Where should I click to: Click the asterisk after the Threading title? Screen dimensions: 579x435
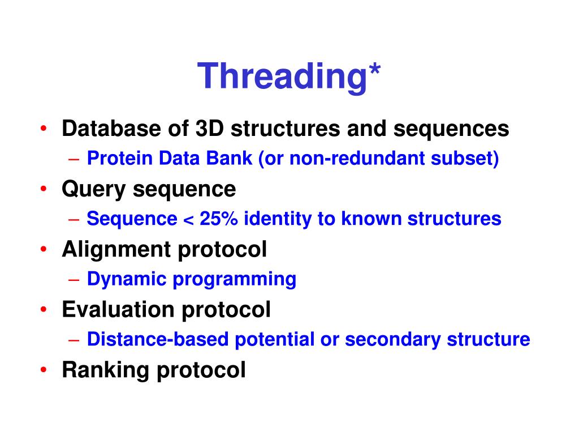coord(374,70)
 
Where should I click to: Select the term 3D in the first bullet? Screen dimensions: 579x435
coord(209,129)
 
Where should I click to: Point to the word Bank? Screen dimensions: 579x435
coord(229,158)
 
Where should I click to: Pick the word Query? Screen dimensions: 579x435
coord(94,190)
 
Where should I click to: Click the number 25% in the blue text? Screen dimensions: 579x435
coord(219,218)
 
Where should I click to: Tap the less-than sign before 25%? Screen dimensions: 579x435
coord(188,219)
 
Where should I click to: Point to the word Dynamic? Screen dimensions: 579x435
coord(127,279)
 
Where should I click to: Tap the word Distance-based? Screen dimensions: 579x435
coord(158,339)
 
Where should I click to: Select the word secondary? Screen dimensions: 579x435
coord(393,340)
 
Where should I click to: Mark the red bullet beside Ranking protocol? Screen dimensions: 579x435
coord(44,369)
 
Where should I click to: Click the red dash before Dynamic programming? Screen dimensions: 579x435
coord(74,280)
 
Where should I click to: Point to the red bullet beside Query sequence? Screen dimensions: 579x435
coord(44,189)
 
